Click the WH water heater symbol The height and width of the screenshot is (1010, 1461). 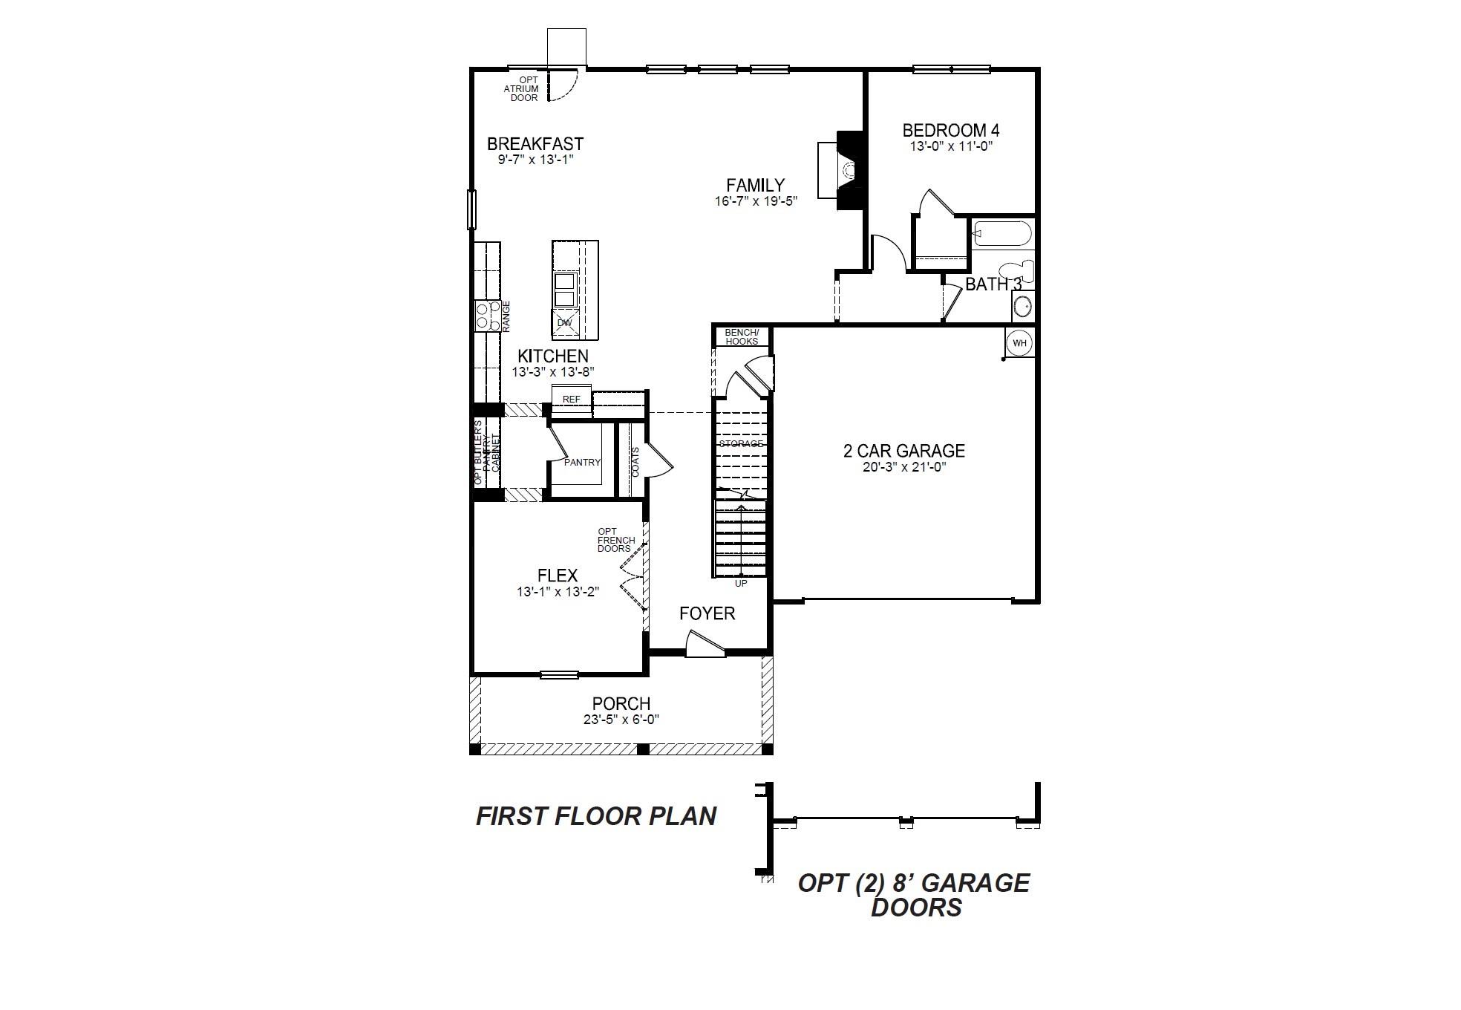tap(1020, 342)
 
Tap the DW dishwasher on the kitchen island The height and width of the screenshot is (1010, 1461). tap(565, 323)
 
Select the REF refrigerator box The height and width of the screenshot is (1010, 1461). tap(571, 400)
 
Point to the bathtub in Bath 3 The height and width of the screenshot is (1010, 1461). tap(1001, 235)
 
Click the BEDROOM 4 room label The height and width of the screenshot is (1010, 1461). tap(950, 131)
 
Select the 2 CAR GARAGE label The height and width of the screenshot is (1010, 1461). tap(903, 451)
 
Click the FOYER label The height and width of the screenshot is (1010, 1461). tap(707, 613)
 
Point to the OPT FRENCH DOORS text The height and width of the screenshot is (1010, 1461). tap(615, 540)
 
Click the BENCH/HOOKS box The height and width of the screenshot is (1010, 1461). tap(741, 336)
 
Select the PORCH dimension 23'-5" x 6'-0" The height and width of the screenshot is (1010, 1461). tap(621, 720)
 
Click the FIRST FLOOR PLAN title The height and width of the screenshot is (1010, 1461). tap(595, 816)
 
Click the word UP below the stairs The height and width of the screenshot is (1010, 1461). tap(740, 584)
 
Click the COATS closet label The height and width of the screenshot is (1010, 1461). tap(635, 461)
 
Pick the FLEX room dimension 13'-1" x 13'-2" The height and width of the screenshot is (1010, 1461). tap(558, 592)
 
